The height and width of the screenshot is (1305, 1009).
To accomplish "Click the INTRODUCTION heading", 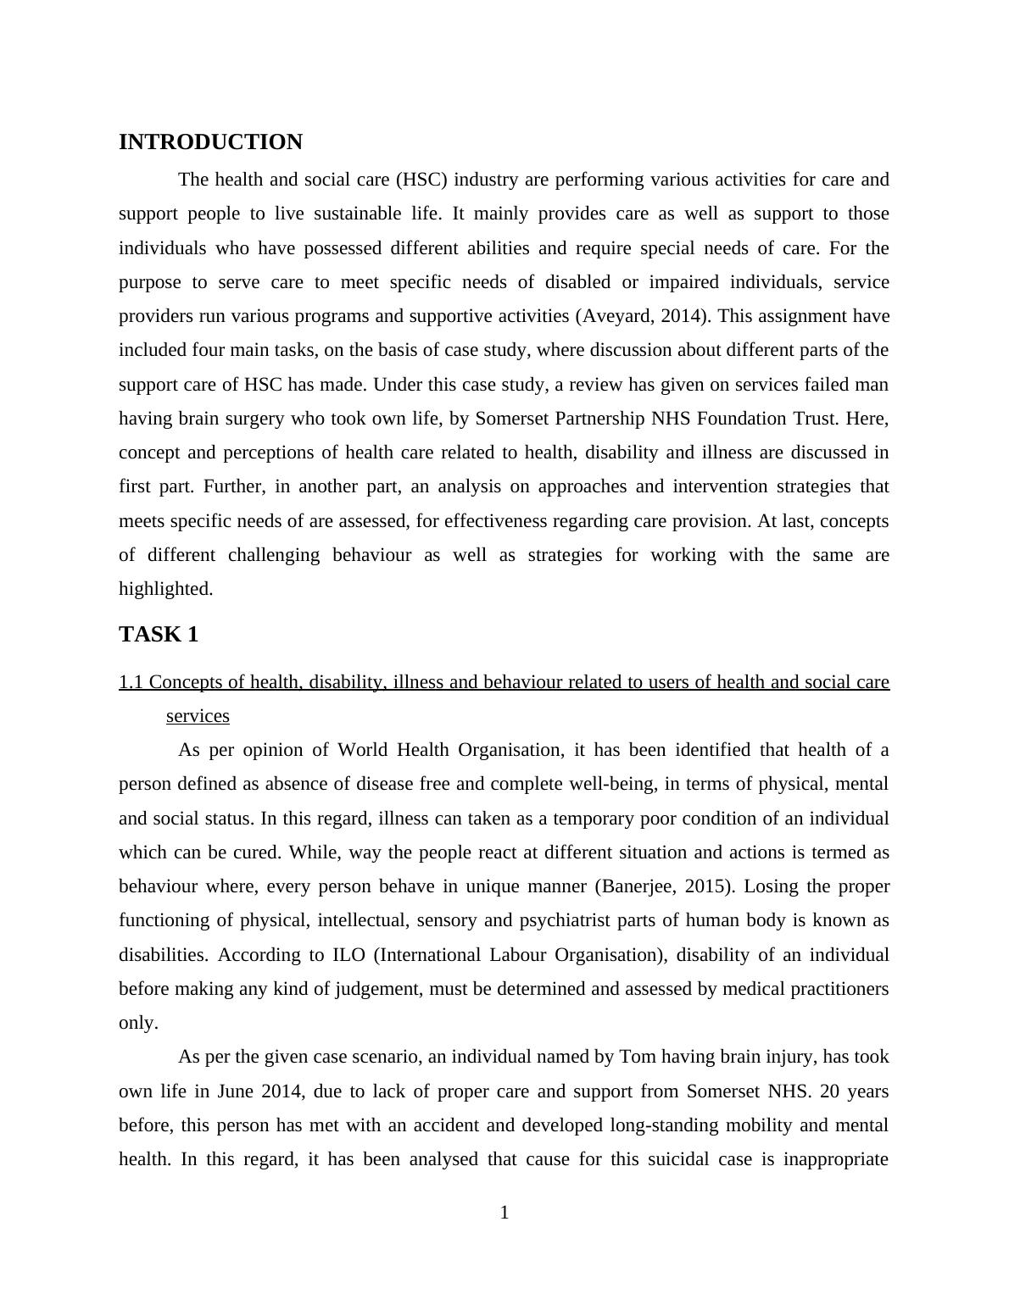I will [x=210, y=142].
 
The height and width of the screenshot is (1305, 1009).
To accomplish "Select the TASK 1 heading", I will [x=159, y=635].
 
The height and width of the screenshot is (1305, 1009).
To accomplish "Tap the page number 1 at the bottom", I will [x=504, y=1213].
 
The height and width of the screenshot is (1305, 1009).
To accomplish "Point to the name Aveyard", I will [x=618, y=317].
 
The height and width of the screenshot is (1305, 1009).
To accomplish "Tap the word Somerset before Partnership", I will [x=515, y=419].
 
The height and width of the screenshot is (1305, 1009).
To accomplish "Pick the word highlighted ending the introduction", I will [x=166, y=590].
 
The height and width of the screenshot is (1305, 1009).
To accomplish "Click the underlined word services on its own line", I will [x=198, y=717].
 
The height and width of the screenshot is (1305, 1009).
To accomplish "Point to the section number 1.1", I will [x=131, y=683].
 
